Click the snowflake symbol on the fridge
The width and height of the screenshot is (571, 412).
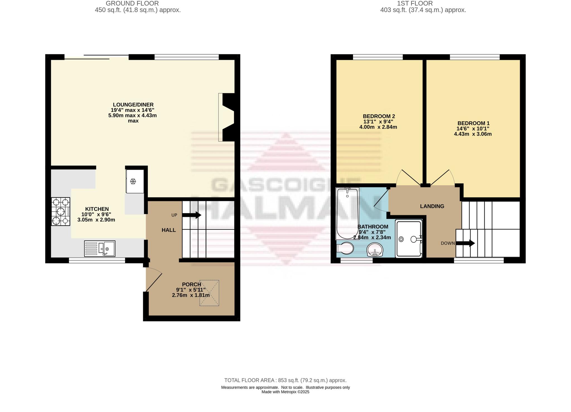[133, 182]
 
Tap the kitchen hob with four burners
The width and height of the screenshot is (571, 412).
[61, 211]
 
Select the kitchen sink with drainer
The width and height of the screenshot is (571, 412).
[100, 248]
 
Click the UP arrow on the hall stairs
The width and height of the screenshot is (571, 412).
[192, 215]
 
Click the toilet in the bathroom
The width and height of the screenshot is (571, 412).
[345, 248]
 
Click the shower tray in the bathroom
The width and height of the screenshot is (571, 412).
[409, 238]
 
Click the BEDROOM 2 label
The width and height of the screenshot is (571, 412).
[379, 116]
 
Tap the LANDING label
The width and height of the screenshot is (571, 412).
[432, 206]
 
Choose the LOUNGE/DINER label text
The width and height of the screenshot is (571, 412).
[133, 105]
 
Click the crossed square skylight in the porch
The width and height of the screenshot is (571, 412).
[209, 293]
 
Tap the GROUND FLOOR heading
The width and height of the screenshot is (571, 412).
[132, 4]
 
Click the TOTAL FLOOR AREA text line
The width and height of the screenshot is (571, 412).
[285, 380]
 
